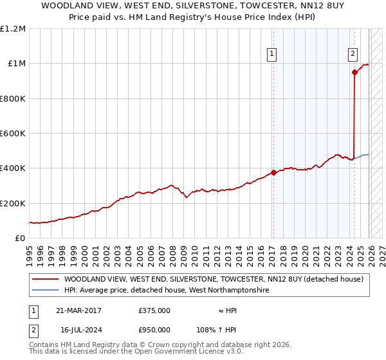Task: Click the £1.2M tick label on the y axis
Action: tap(13, 29)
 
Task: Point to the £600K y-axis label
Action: tap(13, 134)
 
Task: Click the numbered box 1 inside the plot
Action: tap(273, 55)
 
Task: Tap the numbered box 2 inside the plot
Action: tap(353, 55)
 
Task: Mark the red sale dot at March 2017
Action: tap(273, 172)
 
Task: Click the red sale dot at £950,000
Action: tap(354, 72)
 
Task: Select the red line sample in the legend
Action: tap(45, 279)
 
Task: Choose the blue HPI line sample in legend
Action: tap(45, 291)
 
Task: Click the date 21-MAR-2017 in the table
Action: tap(78, 310)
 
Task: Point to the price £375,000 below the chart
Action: tap(154, 310)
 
